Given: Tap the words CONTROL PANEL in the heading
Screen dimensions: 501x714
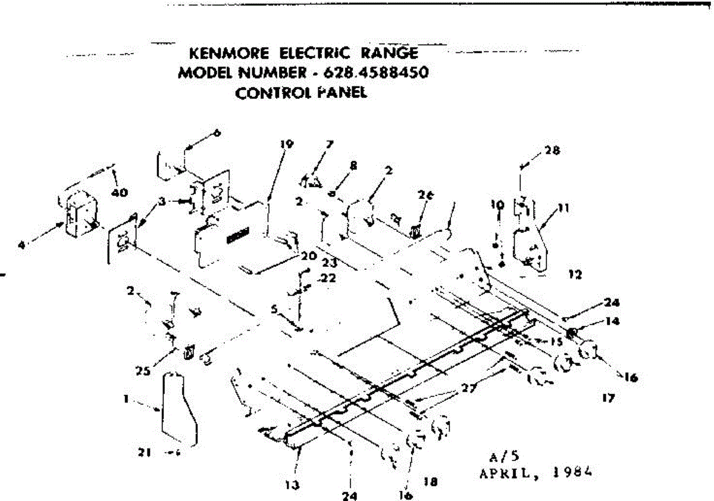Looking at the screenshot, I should [301, 93].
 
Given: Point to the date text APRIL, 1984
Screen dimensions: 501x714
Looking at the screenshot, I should [537, 474].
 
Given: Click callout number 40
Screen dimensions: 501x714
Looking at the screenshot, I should [119, 192].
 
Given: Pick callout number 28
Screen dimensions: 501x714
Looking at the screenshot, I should [552, 151].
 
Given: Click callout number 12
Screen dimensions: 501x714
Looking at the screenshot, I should [575, 275].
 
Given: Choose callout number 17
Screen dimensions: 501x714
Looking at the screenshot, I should [608, 399].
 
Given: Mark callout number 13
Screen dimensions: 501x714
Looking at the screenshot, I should [292, 485].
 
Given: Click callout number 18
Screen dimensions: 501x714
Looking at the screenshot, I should [434, 483].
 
